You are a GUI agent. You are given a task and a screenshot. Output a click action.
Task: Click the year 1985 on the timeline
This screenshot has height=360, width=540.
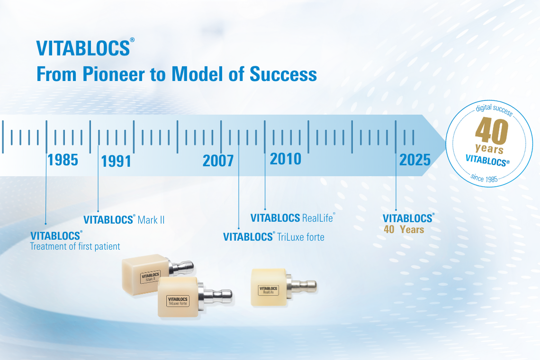[63, 160]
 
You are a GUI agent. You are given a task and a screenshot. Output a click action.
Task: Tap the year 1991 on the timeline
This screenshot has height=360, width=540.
[116, 161]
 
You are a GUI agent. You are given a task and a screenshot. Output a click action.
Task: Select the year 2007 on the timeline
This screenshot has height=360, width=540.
[218, 161]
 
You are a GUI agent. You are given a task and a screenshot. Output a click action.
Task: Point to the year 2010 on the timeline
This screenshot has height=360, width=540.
[286, 159]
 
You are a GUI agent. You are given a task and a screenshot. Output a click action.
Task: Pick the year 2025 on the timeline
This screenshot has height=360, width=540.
[415, 160]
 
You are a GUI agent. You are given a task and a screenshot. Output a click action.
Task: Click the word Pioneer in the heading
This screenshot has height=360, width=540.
[114, 74]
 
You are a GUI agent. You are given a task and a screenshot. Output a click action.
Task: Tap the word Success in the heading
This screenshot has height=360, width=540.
[283, 74]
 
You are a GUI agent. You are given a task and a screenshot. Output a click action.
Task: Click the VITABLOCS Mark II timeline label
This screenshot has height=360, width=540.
[124, 220]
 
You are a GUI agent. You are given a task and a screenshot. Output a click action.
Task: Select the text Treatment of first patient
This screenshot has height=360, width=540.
[75, 246]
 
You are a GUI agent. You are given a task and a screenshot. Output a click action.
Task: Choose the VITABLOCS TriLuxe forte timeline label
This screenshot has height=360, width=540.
[274, 237]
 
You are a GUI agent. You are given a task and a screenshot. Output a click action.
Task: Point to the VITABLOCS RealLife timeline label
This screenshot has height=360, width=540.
[293, 218]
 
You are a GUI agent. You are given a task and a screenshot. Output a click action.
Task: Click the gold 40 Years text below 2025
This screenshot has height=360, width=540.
[404, 229]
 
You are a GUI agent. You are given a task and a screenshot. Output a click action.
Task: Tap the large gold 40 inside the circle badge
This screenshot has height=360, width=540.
[492, 130]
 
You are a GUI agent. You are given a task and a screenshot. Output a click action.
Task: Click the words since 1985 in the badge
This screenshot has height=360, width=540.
[484, 178]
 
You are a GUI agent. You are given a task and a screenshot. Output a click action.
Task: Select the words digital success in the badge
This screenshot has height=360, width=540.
[494, 109]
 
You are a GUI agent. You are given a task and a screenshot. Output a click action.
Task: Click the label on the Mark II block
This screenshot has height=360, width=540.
[151, 277]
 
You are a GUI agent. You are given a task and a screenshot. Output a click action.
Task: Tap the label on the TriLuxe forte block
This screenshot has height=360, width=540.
[178, 301]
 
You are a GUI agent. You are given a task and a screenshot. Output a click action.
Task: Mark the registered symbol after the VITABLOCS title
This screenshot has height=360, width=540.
[132, 40]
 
